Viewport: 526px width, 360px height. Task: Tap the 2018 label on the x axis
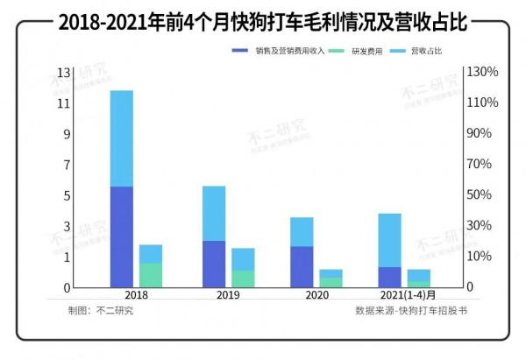[x=135, y=295]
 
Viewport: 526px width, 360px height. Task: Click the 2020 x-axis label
[x=317, y=295]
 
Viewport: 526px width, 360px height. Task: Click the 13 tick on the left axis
[x=64, y=72]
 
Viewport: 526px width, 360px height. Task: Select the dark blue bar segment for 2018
[x=122, y=236]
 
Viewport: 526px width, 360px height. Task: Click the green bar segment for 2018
[x=151, y=275]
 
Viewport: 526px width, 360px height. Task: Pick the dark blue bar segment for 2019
[x=214, y=264]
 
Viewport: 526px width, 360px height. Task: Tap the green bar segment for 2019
[x=243, y=279]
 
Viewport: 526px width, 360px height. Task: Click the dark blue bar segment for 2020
[x=302, y=266]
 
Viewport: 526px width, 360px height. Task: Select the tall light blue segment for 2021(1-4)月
[x=390, y=240]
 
